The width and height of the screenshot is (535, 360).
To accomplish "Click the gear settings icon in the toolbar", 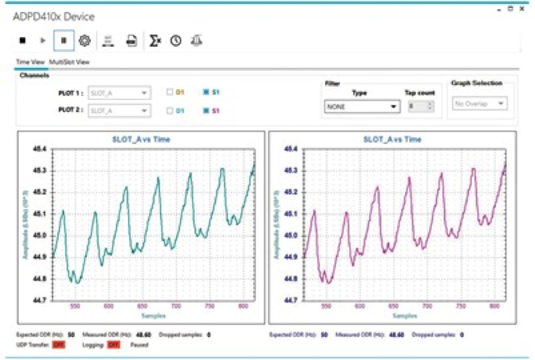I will (84, 40).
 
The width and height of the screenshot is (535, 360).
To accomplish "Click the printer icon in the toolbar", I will (131, 40).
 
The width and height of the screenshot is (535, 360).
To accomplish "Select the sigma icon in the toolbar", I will (154, 40).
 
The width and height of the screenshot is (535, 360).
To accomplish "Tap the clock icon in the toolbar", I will (175, 40).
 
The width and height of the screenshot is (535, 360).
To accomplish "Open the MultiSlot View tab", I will (69, 62).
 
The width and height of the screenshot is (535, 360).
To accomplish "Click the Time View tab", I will (30, 62).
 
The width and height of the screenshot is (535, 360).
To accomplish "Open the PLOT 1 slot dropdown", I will (120, 92).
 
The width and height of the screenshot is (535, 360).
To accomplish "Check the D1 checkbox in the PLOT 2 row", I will (170, 111).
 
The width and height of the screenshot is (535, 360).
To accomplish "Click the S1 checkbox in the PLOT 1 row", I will (206, 92).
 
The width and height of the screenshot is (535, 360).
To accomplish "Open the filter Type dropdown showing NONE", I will (362, 106).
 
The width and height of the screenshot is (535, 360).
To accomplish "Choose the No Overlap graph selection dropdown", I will (479, 103).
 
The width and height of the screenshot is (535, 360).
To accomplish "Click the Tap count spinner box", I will (420, 106).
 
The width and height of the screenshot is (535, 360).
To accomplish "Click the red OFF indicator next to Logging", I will (114, 345).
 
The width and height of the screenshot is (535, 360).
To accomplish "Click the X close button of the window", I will (522, 8).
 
